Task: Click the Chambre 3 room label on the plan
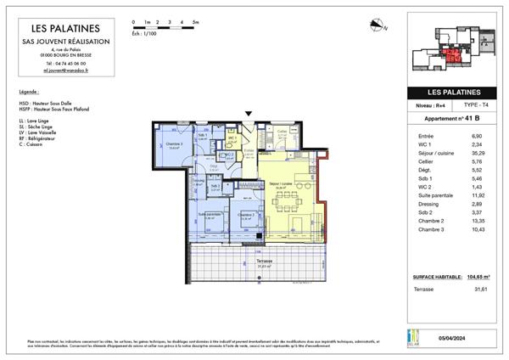click(x=175, y=146)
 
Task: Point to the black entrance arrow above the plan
click(x=248, y=113)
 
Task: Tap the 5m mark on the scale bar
click(x=195, y=20)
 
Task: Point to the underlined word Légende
click(x=29, y=91)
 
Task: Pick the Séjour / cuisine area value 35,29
click(x=476, y=154)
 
